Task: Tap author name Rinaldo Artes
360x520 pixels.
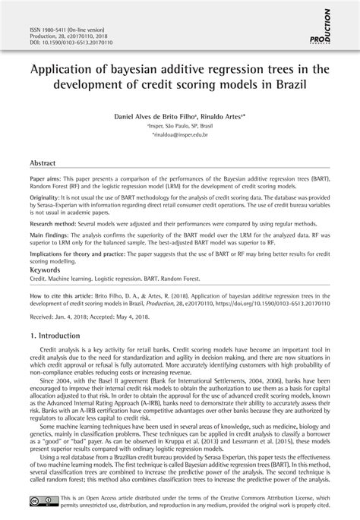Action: point(226,119)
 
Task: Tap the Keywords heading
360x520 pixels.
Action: point(44,291)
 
